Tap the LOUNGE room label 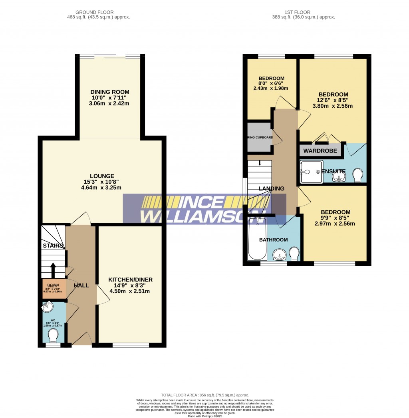[102, 176]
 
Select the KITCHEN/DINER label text [130, 279]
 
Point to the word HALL [81, 285]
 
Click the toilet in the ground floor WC [53, 336]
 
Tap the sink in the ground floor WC [48, 307]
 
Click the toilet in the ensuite [358, 174]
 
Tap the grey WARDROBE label [320, 151]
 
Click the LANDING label [271, 188]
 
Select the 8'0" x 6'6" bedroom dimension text [271, 83]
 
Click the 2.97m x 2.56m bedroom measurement [336, 224]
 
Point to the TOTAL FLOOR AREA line [204, 394]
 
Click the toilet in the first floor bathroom [294, 253]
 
